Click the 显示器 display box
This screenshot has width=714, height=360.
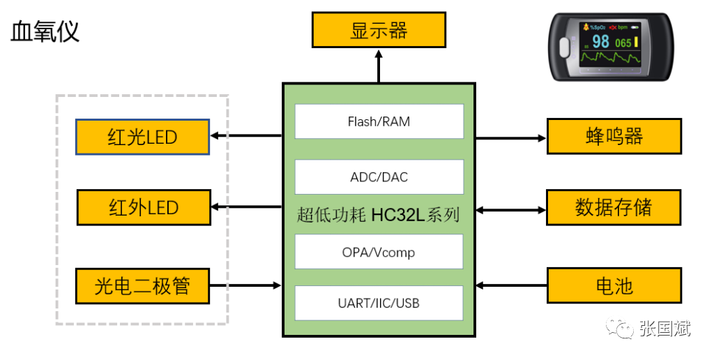pos(379,31)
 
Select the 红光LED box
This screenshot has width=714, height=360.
pos(142,137)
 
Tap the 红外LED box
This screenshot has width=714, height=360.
pos(143,207)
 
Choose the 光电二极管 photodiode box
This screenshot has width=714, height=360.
pos(142,285)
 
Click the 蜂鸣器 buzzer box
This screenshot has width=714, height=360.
pos(614,136)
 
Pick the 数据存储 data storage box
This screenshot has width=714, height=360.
pos(614,207)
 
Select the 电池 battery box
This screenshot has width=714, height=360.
pos(614,286)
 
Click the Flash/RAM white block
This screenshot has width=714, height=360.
pos(379,121)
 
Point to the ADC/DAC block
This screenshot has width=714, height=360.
pos(379,177)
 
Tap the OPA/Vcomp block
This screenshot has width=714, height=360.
pos(379,252)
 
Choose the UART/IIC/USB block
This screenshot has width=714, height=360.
pos(379,303)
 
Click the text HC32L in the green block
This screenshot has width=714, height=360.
pos(396,214)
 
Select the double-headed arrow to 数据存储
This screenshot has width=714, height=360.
pos(510,209)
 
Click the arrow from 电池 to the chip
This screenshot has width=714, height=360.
pos(510,285)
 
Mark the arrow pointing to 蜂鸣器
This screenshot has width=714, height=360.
pos(510,138)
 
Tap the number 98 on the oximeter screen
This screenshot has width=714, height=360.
pos(600,42)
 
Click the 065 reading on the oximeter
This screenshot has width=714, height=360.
pos(623,43)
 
